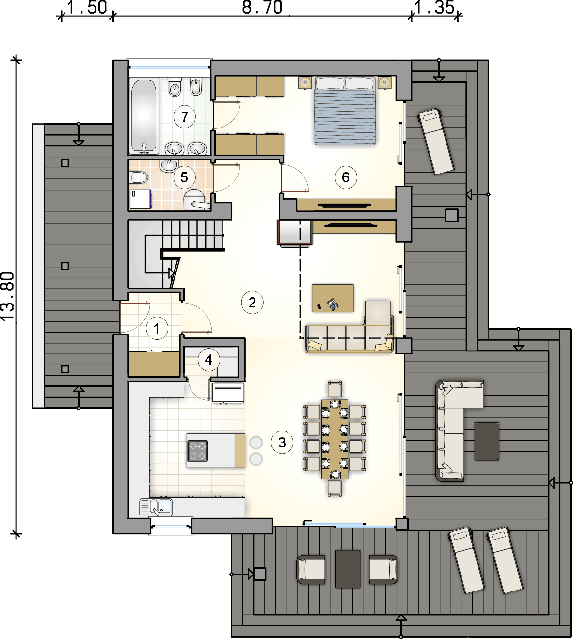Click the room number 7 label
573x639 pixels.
coord(185,117)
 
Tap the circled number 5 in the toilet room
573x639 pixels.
coord(184,177)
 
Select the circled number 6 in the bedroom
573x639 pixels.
coord(346,177)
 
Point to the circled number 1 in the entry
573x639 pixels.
coord(157,329)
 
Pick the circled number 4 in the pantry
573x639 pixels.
coord(208,360)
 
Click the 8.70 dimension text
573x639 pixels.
coord(262,8)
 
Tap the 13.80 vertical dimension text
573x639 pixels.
coord(8,297)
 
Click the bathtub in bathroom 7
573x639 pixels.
coord(144,116)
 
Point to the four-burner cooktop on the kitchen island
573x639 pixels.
coord(198,451)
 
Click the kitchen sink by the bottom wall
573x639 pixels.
coord(156,507)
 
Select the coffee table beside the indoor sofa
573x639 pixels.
coord(333,298)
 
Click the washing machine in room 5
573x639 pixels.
coord(141,199)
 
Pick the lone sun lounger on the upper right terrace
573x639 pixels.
coord(435,141)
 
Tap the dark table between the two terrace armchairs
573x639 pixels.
coord(348,569)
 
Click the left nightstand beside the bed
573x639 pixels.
coord(305,82)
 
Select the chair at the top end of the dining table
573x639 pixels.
coord(334,388)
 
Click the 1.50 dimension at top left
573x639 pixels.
coord(87,8)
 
